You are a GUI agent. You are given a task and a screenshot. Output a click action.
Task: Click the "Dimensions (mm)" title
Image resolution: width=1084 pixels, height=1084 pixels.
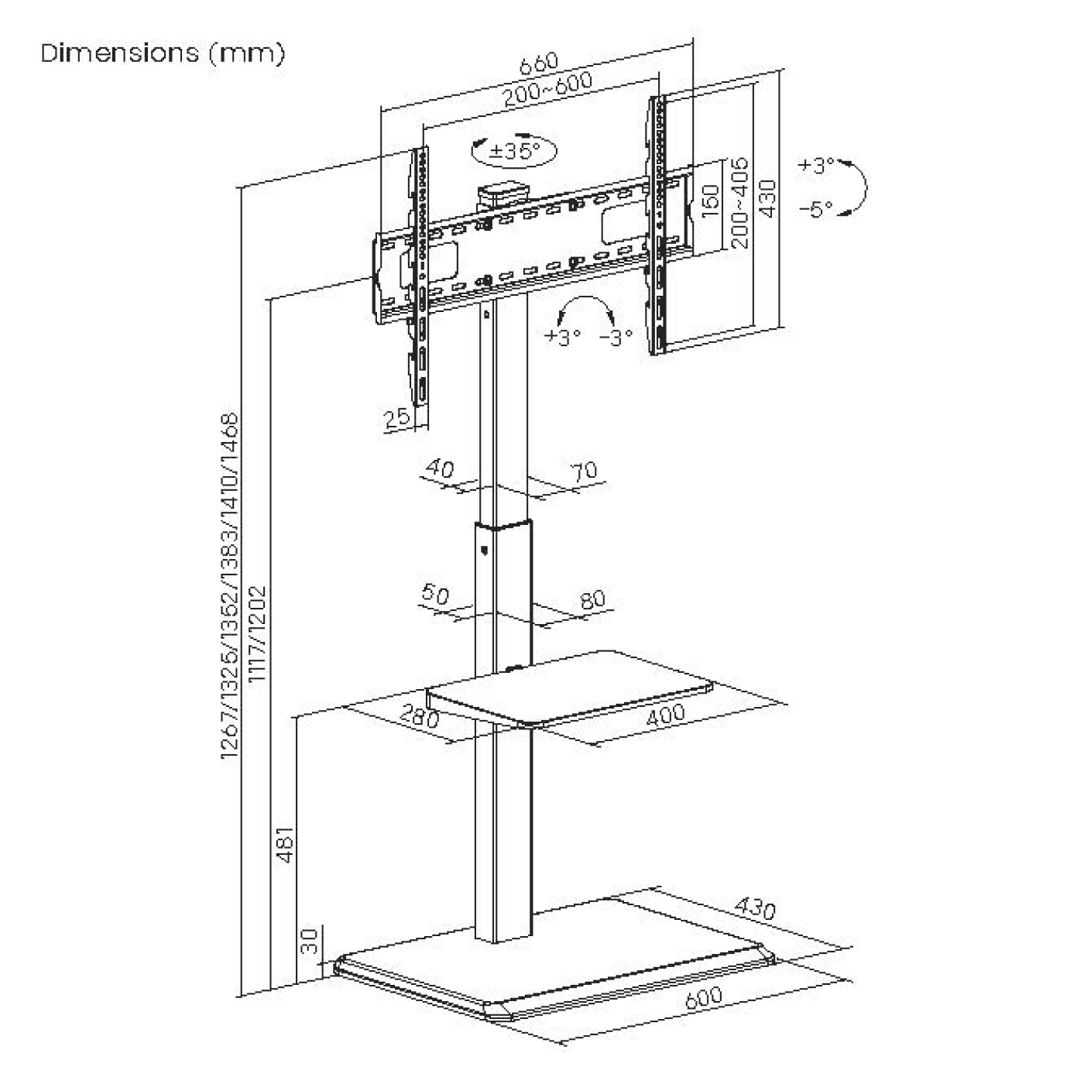tap(163, 53)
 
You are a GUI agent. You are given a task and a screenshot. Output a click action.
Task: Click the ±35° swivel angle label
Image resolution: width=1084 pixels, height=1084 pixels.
tap(514, 149)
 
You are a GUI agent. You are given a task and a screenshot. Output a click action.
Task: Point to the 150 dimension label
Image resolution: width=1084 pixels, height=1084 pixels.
tap(709, 200)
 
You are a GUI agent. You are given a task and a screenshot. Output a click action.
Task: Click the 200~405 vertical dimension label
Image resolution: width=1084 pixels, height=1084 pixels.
tap(740, 202)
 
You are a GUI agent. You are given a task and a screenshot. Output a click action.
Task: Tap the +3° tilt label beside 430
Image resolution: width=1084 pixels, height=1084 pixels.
tap(816, 165)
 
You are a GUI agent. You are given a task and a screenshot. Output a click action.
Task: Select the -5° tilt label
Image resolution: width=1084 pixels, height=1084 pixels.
tap(816, 208)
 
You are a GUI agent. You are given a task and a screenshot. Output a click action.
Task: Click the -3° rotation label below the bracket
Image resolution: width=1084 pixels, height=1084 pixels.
tap(616, 337)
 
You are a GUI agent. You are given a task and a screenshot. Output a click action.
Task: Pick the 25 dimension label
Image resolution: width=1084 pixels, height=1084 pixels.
tap(396, 418)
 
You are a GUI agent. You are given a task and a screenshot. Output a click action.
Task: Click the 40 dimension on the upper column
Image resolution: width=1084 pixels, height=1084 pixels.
tap(440, 468)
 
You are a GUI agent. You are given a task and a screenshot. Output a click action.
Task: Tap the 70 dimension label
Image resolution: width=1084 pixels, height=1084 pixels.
tap(585, 470)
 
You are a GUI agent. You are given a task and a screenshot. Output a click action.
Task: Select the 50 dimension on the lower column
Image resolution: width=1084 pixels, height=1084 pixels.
tap(435, 594)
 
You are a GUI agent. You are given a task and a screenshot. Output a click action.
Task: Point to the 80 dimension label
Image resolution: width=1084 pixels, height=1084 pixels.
tap(592, 599)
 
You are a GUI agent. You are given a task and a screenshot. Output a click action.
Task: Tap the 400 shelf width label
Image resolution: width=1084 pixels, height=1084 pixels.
tap(665, 714)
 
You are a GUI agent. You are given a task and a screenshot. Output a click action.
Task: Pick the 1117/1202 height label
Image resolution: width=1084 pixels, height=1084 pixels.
tap(258, 634)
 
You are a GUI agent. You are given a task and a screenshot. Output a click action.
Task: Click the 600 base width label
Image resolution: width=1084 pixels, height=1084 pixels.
tap(703, 997)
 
